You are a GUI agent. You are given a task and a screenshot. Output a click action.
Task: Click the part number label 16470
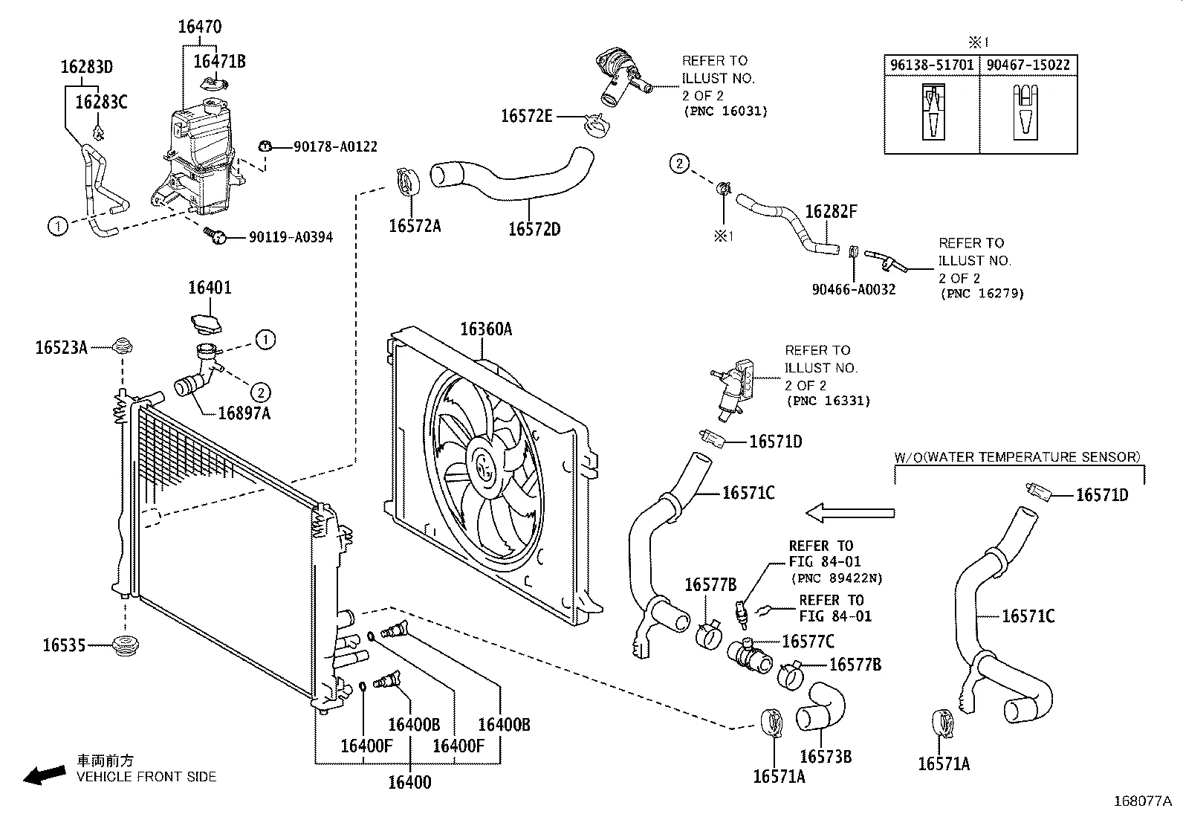pyautogui.click(x=199, y=28)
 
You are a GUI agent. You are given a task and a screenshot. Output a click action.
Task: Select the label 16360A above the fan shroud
pyautogui.click(x=485, y=329)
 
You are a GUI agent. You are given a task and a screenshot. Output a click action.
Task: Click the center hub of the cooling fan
pyautogui.click(x=487, y=466)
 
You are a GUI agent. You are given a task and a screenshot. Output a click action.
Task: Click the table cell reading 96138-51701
pyautogui.click(x=931, y=65)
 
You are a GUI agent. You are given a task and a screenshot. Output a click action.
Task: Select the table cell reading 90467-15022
pyautogui.click(x=1028, y=65)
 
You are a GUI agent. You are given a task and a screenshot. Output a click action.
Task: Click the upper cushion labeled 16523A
pyautogui.click(x=124, y=346)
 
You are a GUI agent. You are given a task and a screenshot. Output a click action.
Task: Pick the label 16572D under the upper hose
pyautogui.click(x=534, y=229)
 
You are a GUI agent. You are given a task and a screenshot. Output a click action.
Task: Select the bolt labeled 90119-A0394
pyautogui.click(x=215, y=236)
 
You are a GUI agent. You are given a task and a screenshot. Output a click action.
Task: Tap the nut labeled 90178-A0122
pyautogui.click(x=265, y=146)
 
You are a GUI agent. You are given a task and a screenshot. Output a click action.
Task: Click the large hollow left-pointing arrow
pyautogui.click(x=850, y=512)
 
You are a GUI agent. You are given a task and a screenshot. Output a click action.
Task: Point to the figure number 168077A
pyautogui.click(x=1141, y=801)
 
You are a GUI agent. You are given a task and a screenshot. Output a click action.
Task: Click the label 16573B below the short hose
pyautogui.click(x=825, y=757)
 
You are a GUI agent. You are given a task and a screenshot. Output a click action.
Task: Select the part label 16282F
pyautogui.click(x=831, y=212)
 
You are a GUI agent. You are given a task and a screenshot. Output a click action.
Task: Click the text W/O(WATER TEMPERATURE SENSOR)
pyautogui.click(x=1017, y=457)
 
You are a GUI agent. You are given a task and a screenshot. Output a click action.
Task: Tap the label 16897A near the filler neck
pyautogui.click(x=244, y=413)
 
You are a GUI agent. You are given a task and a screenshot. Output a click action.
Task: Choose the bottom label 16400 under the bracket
pyautogui.click(x=409, y=781)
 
